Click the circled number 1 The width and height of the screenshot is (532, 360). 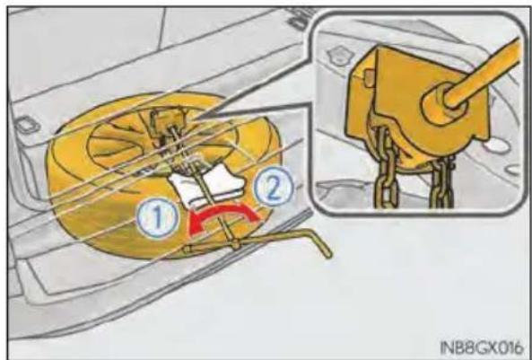point(157,219)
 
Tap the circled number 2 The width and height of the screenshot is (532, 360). point(274,186)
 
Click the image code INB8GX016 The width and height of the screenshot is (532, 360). point(481,347)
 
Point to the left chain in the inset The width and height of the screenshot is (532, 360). point(385,166)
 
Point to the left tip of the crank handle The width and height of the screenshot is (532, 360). point(186,250)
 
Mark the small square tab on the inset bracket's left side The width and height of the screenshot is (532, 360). point(367,76)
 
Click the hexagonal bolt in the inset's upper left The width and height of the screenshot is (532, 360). point(340,55)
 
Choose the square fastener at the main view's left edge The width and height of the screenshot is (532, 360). point(26,125)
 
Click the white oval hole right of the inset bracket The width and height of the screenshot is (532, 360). point(496,146)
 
